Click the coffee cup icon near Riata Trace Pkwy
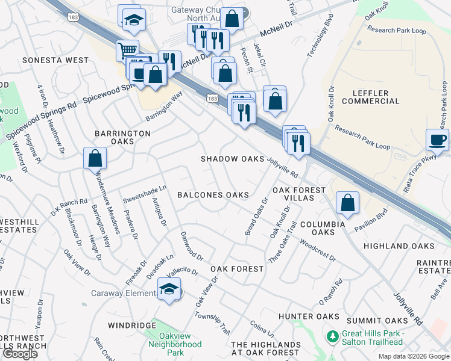click(x=438, y=141)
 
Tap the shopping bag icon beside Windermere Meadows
click(x=95, y=159)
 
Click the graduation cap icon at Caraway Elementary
click(x=169, y=290)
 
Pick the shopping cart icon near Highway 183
click(x=127, y=51)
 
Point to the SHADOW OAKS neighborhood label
click(x=233, y=159)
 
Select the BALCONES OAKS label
click(x=213, y=195)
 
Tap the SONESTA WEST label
click(x=55, y=61)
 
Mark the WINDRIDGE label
click(x=132, y=326)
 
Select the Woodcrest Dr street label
click(x=317, y=251)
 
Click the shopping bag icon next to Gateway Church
click(x=232, y=19)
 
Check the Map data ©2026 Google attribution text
click(x=414, y=356)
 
